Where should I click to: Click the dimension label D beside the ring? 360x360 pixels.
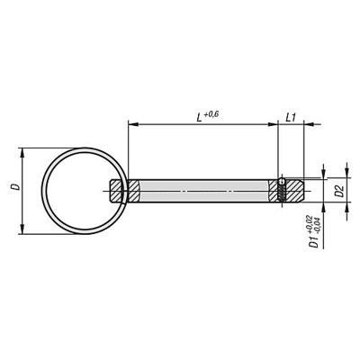12,189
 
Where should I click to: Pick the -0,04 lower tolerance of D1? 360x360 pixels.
319,222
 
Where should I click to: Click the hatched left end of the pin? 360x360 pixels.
125,191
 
